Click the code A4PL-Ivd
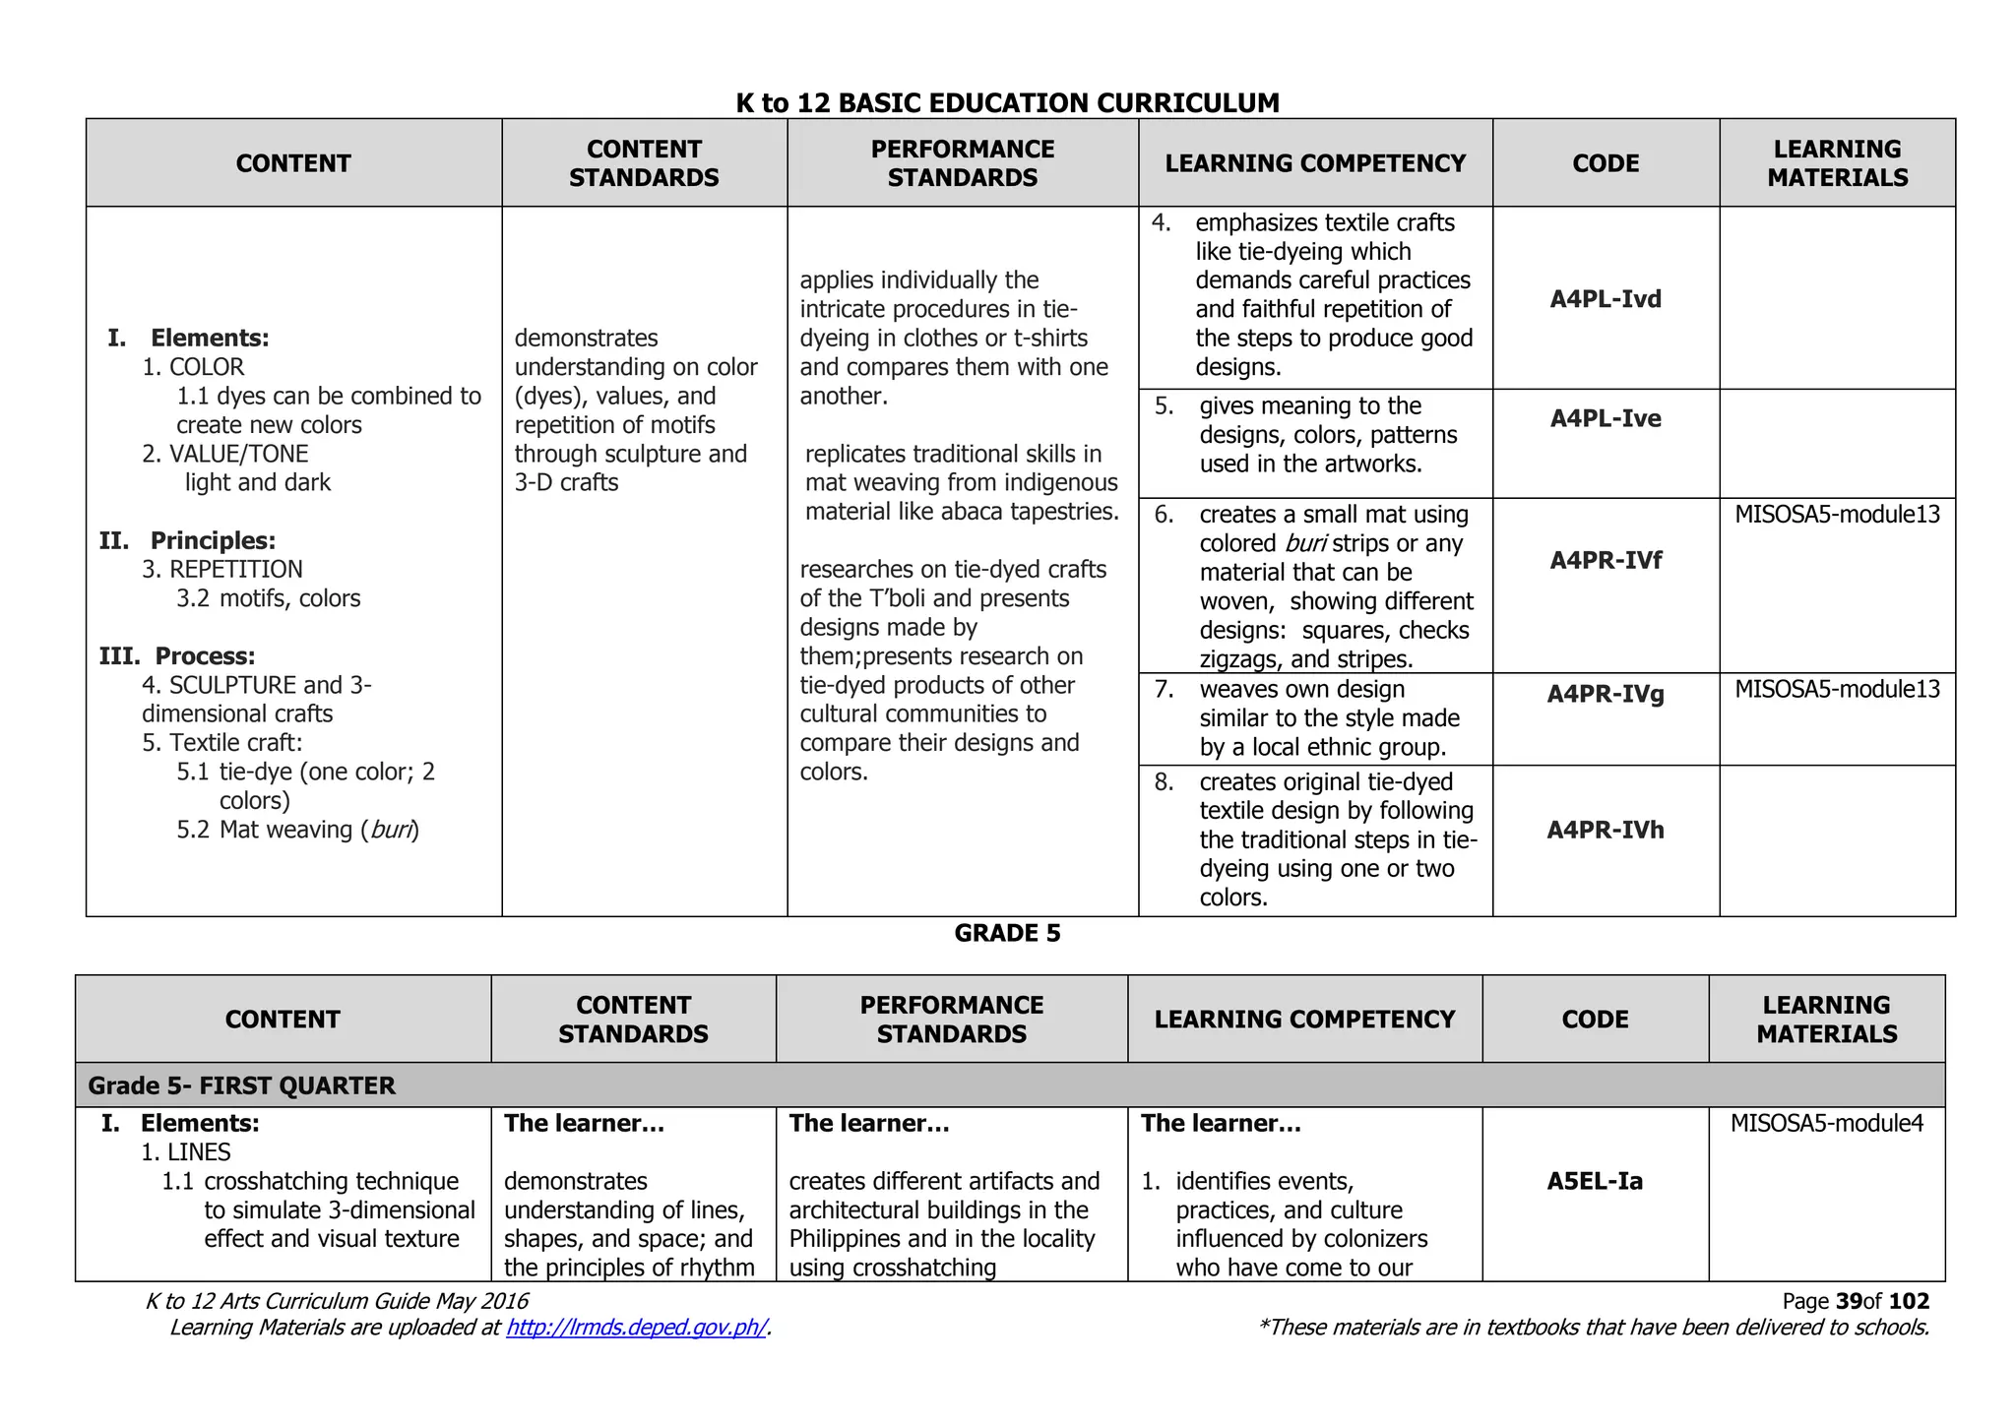[1606, 299]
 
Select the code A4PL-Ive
[1606, 418]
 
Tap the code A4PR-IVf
[1606, 560]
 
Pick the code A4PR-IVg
[1606, 694]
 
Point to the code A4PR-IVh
[1606, 830]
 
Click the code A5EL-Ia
[1595, 1181]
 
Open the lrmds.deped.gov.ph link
[636, 1328]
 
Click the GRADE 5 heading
[1007, 933]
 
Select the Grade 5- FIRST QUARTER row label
[241, 1085]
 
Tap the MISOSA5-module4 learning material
[1826, 1123]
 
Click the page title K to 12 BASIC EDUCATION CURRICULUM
[1007, 102]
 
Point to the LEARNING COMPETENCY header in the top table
[1315, 163]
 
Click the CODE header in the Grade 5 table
[1595, 1020]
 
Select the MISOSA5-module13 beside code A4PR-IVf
[1837, 514]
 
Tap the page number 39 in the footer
[1849, 1301]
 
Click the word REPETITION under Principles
[236, 569]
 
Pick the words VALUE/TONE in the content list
[238, 454]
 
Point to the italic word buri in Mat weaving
[391, 830]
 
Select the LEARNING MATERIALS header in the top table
[1837, 163]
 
